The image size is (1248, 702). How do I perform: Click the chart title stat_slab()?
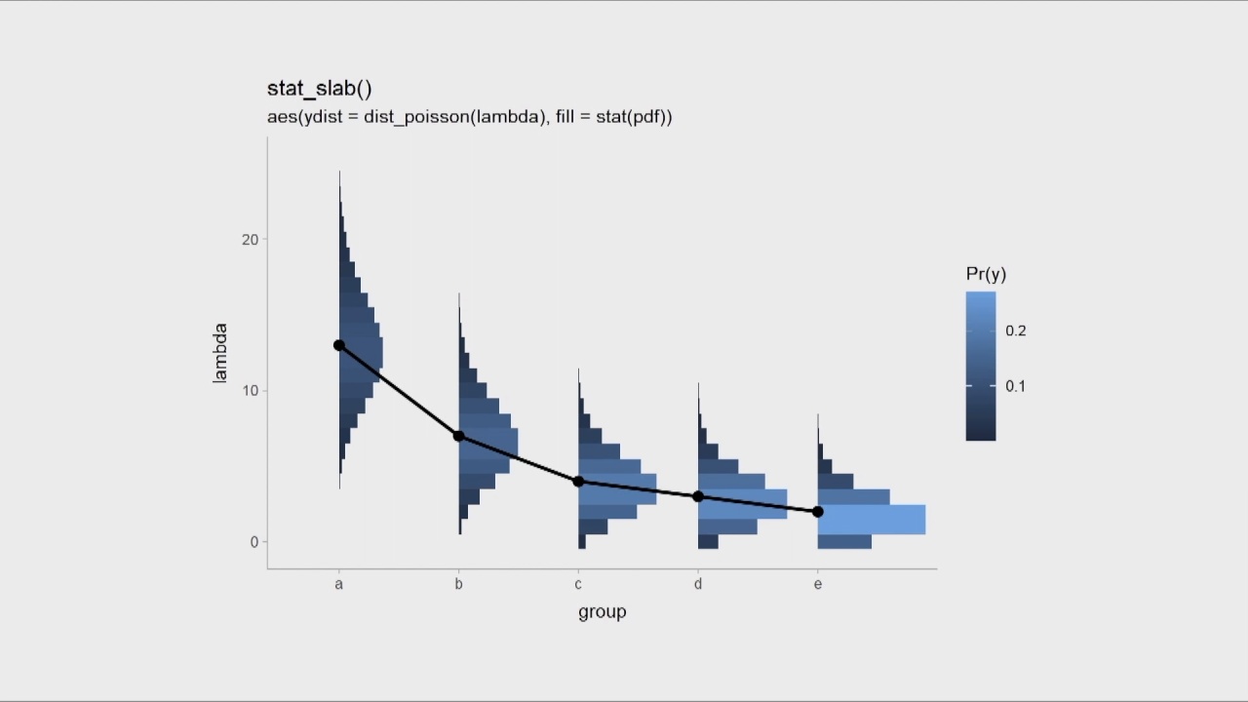tap(320, 89)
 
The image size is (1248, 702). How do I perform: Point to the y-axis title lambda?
tap(220, 353)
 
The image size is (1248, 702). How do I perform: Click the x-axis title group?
tap(602, 612)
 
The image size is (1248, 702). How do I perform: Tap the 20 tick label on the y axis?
tap(251, 240)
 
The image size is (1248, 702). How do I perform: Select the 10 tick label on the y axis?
tap(251, 391)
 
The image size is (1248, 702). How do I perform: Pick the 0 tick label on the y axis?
tap(254, 542)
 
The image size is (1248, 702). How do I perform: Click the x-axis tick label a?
tap(339, 584)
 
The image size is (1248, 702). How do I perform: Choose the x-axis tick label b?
tap(458, 584)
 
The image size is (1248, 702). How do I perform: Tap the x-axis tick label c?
tap(578, 584)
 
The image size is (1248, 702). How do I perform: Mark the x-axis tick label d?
tap(698, 584)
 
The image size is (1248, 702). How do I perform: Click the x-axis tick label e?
tap(818, 584)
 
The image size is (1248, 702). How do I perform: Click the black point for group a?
tap(339, 345)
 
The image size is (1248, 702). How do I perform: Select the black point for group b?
tap(459, 436)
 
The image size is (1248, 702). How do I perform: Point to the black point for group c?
tap(578, 482)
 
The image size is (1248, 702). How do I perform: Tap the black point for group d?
tap(698, 496)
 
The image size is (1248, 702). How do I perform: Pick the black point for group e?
tap(818, 512)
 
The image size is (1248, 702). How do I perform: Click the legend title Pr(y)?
tap(986, 274)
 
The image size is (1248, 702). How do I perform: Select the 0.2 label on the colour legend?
tap(1016, 331)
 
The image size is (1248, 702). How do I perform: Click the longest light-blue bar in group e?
tap(871, 520)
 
